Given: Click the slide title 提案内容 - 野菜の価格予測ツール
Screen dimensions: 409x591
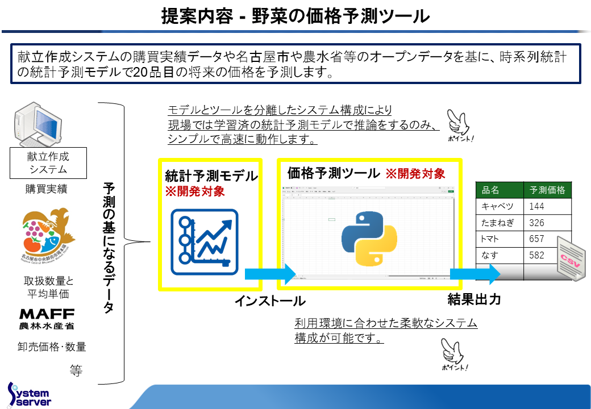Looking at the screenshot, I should [295, 16].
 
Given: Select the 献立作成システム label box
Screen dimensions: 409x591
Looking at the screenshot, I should [48, 162].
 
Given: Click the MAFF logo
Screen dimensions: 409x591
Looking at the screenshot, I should [47, 319].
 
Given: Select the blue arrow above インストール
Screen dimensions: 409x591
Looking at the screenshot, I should [270, 274].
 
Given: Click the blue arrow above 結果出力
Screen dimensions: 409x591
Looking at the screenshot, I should [475, 274].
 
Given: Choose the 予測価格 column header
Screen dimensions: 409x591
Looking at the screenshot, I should [547, 190].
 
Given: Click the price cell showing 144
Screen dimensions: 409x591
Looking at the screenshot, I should [536, 206].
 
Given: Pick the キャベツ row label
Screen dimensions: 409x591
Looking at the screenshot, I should [498, 206].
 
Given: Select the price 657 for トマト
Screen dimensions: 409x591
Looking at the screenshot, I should [536, 239].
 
